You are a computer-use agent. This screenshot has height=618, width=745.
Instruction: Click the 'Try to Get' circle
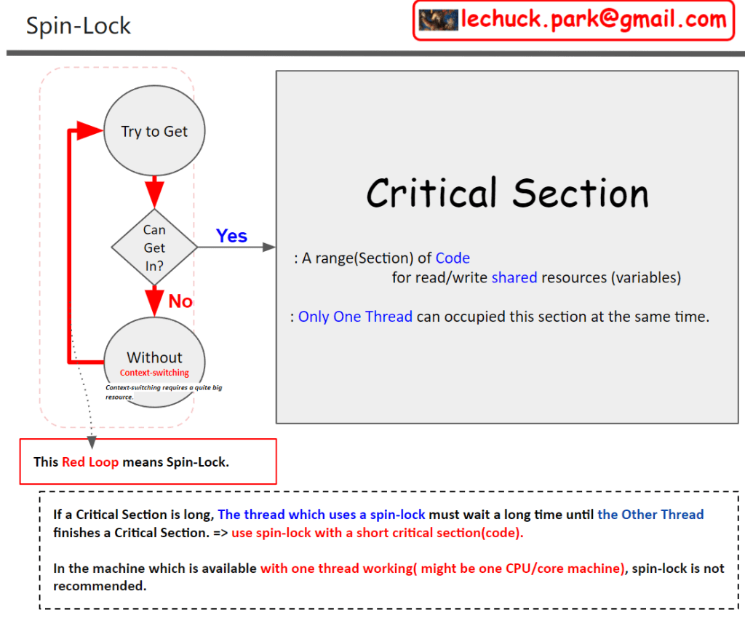coord(154,132)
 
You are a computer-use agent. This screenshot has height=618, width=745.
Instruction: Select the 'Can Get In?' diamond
coord(154,247)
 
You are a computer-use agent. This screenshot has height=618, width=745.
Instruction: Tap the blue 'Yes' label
coord(231,236)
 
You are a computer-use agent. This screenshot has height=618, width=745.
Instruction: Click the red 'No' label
coord(180,301)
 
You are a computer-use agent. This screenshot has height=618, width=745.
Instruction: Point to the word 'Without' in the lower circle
coord(154,357)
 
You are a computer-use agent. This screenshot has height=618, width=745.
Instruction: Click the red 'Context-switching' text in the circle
coord(154,373)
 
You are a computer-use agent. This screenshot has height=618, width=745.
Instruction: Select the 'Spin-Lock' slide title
coord(79,26)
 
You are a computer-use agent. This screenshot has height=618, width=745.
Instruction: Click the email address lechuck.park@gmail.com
coord(593,20)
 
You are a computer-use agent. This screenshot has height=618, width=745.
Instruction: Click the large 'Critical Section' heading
coord(507,194)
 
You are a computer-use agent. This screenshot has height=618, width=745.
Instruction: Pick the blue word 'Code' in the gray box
coord(453,258)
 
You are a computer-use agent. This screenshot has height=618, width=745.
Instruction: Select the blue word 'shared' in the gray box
coord(514,277)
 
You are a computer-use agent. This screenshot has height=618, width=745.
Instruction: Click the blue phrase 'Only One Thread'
coord(355,317)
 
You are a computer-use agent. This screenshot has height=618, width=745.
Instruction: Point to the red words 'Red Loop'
coord(90,461)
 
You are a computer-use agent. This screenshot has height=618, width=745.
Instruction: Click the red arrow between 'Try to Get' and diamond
coord(154,192)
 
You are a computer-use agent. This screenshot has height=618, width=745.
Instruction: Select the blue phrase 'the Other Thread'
coord(650,514)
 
